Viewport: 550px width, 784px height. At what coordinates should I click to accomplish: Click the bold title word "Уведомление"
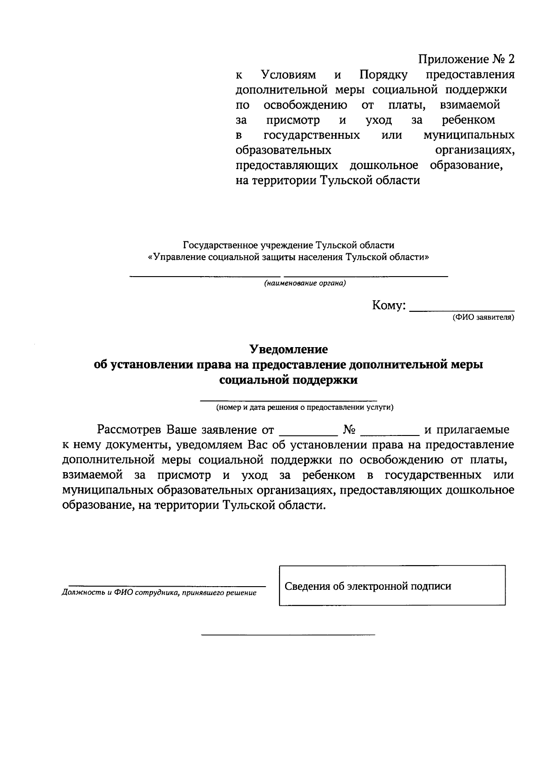tap(288, 349)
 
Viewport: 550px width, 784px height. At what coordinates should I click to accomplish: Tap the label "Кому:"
tap(389, 305)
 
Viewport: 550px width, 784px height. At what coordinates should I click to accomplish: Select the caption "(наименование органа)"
tap(304, 283)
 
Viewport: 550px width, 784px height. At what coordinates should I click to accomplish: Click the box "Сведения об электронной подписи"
tap(392, 586)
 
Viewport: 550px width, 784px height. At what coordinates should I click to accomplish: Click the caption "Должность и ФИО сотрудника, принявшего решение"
tap(159, 593)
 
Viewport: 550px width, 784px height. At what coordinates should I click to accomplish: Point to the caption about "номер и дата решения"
tap(305, 407)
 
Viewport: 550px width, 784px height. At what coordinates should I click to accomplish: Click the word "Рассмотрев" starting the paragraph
tap(129, 430)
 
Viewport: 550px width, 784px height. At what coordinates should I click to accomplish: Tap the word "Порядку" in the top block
tap(384, 75)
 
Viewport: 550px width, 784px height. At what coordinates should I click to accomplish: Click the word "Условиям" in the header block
tap(288, 75)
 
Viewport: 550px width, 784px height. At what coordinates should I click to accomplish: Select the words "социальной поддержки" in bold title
tap(288, 380)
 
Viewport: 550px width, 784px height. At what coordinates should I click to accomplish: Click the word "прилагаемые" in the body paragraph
tap(473, 430)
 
